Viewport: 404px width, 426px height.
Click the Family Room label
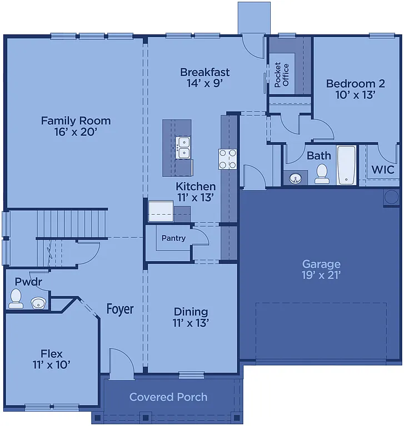(x=76, y=126)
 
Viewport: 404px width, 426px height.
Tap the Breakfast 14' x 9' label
(x=205, y=78)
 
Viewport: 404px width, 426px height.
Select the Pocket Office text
(x=282, y=75)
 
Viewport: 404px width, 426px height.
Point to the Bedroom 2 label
(x=355, y=89)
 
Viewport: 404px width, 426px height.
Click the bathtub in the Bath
(x=346, y=165)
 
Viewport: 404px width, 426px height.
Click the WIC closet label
(x=383, y=170)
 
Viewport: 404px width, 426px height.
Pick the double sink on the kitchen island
(x=183, y=148)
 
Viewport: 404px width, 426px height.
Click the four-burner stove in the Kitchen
(x=228, y=159)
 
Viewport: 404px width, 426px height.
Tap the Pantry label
(x=173, y=238)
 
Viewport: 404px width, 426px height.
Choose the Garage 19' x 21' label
(x=321, y=269)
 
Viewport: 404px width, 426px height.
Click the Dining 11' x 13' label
(x=191, y=317)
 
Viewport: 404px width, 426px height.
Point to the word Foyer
(x=120, y=308)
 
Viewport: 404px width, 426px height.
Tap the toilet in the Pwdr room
(x=16, y=298)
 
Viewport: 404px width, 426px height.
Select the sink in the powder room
(x=38, y=302)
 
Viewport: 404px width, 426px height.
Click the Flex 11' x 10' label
(x=51, y=359)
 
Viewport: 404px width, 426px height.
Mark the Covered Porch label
(x=168, y=397)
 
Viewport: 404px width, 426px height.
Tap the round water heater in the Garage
(x=391, y=196)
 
